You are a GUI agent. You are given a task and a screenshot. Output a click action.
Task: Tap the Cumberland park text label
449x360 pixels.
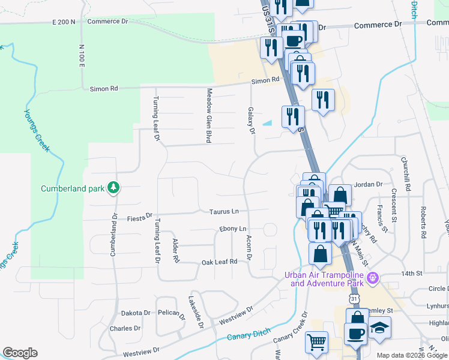coord(73,188)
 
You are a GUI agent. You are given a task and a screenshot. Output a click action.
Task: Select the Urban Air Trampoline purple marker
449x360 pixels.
coord(373,278)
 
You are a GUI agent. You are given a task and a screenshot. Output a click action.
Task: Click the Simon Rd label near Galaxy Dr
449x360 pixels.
coord(265,80)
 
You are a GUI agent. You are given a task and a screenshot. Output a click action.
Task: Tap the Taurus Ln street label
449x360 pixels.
coord(224,211)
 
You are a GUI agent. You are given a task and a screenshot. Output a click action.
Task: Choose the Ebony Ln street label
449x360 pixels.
coord(233,229)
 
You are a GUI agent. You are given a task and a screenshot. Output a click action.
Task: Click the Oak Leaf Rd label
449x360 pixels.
coord(220,262)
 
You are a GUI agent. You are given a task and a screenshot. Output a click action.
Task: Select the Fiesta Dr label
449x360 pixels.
coord(140,217)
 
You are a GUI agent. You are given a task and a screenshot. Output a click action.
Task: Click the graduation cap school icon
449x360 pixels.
coord(379,328)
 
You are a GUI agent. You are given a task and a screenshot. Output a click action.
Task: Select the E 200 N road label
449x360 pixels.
coord(64,22)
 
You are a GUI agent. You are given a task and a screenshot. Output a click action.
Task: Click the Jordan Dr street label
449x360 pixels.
coord(369,185)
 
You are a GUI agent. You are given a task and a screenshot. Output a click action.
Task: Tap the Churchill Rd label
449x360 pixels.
coord(406,174)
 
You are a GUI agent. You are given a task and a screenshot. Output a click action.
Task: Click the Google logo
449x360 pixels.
coord(20,353)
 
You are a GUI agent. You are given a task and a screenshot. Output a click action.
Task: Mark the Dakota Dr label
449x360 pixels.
coord(135,313)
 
